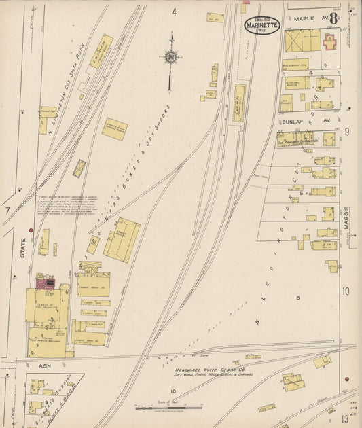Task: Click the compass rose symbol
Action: (170, 57)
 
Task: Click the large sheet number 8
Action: (333, 18)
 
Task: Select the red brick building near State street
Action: (46, 281)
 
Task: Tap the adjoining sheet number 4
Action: (174, 12)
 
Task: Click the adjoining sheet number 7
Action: (7, 211)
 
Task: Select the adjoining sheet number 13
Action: (345, 417)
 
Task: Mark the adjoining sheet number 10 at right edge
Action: (346, 291)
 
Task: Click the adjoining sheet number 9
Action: (346, 132)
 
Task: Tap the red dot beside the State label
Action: (31, 230)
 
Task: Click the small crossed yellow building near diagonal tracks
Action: (79, 168)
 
